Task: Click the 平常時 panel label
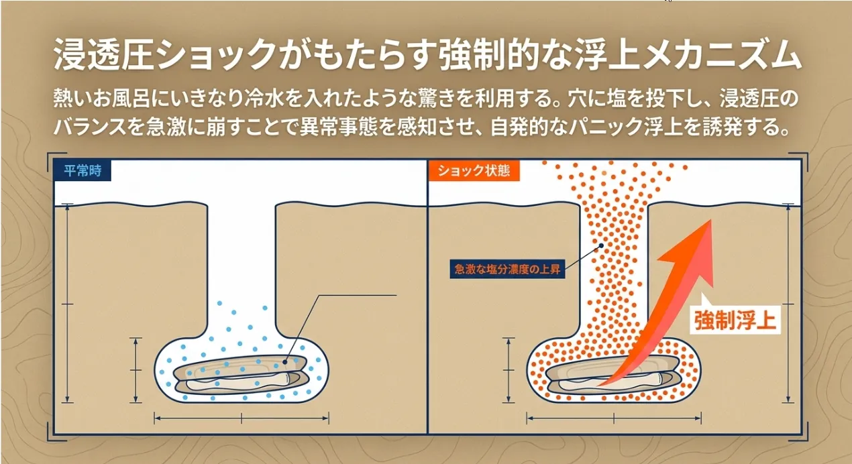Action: (83, 170)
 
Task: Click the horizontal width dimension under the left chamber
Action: (242, 418)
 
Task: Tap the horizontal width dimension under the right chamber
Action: (614, 418)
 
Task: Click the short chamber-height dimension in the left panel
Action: (136, 369)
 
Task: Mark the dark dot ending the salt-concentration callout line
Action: (601, 246)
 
